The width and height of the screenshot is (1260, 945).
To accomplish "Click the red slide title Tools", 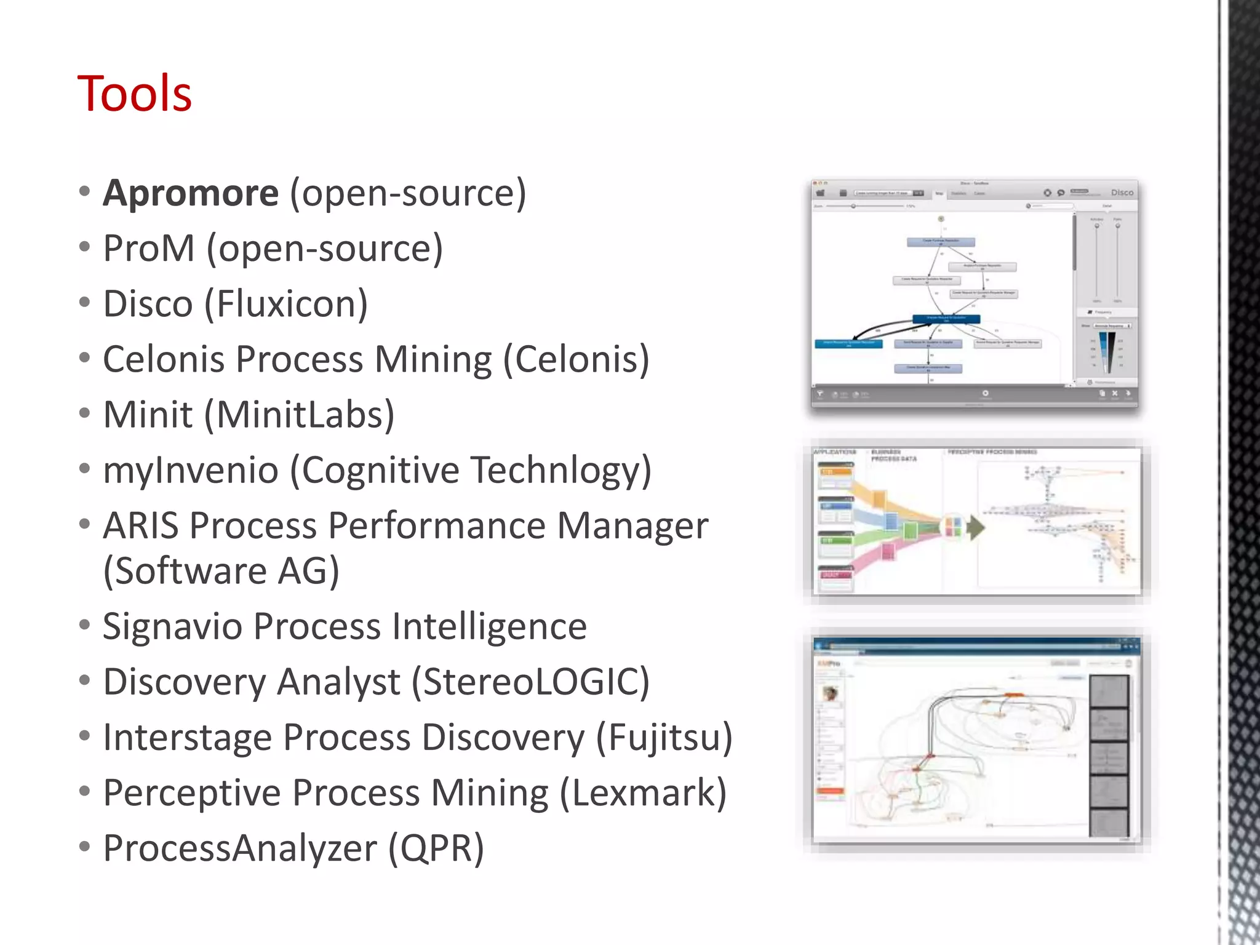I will click(x=134, y=94).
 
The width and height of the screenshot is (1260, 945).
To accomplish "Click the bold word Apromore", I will click(x=191, y=193).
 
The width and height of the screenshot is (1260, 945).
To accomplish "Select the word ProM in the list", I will click(x=149, y=249).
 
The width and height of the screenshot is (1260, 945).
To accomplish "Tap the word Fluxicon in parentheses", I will click(x=286, y=304).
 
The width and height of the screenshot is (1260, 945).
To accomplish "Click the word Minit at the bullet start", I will click(x=148, y=415).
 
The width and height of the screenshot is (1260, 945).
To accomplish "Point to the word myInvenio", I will click(x=191, y=471).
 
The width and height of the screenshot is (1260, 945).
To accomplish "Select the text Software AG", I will click(x=221, y=571).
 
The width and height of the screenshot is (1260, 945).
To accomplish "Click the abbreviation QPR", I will click(x=436, y=848).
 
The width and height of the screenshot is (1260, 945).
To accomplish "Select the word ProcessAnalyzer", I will click(x=240, y=848).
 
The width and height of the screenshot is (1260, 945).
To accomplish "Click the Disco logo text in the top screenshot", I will click(x=1122, y=193).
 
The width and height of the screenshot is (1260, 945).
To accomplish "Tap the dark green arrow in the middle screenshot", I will click(x=975, y=527).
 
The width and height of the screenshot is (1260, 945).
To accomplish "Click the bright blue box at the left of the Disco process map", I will click(x=848, y=344).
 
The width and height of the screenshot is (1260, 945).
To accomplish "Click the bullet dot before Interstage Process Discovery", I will click(x=85, y=735).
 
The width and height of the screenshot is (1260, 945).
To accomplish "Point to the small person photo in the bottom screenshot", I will click(x=831, y=693).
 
